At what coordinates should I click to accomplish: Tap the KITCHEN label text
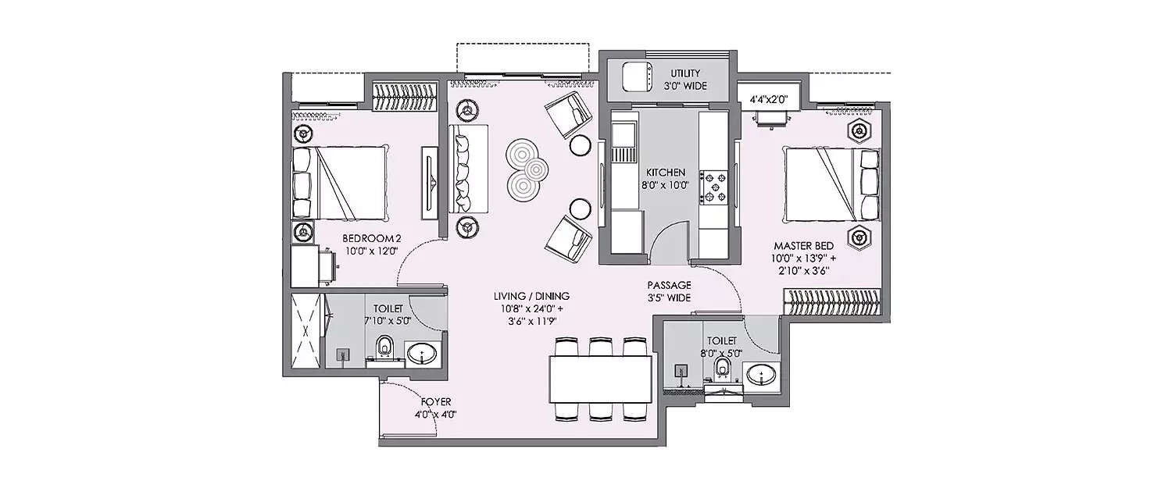(665, 173)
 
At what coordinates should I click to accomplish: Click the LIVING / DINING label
(531, 297)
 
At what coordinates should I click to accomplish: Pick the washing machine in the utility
(638, 78)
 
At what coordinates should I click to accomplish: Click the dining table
(600, 379)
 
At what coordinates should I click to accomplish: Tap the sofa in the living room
(469, 168)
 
